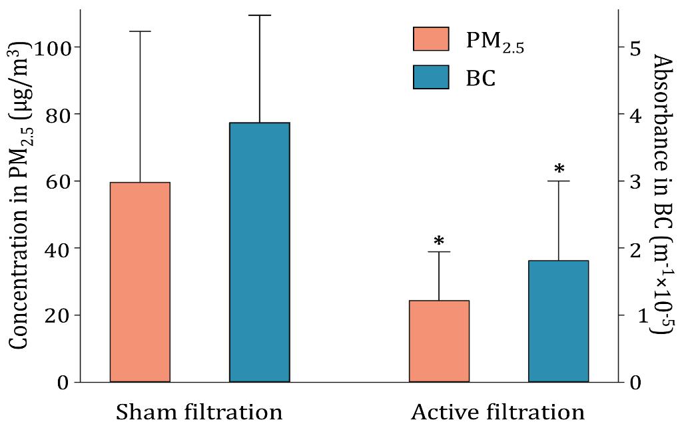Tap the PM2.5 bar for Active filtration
439,341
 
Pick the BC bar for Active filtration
559,321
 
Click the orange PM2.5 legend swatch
431,39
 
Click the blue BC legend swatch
431,77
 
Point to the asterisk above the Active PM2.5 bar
439,241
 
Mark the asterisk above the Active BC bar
559,169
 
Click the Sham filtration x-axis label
199,411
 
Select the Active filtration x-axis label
498,411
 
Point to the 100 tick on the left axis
52,47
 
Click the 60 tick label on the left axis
59,181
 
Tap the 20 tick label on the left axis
59,315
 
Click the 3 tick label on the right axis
634,181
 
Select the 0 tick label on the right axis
634,383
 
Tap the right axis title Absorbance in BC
661,193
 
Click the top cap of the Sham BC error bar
260,15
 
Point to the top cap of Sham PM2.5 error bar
140,31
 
